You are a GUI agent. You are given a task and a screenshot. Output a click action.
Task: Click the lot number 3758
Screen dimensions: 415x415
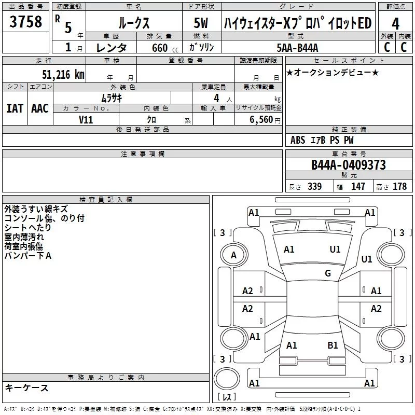pyautogui.click(x=25, y=21)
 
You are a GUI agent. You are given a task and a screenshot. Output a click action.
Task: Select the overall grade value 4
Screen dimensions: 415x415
pyautogui.click(x=395, y=24)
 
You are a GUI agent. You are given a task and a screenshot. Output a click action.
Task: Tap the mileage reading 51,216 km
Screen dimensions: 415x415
pyautogui.click(x=63, y=75)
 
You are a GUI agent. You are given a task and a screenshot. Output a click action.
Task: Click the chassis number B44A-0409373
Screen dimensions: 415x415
pyautogui.click(x=349, y=165)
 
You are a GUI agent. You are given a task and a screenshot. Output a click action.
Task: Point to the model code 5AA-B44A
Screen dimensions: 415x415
pyautogui.click(x=297, y=48)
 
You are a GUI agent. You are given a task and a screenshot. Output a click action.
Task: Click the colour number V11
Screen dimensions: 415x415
pyautogui.click(x=86, y=120)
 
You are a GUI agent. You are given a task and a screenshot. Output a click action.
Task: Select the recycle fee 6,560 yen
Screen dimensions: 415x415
pyautogui.click(x=265, y=120)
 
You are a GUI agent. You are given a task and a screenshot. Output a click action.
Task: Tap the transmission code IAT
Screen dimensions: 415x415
pyautogui.click(x=15, y=108)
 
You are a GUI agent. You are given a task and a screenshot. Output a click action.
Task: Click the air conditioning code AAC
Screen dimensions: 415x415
pyautogui.click(x=40, y=108)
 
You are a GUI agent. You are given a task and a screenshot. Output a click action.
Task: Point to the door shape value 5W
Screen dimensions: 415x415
pyautogui.click(x=201, y=23)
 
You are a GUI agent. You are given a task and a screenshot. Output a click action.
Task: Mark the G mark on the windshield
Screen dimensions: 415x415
pyautogui.click(x=328, y=273)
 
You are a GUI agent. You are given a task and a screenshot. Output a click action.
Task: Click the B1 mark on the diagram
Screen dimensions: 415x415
pyautogui.click(x=333, y=345)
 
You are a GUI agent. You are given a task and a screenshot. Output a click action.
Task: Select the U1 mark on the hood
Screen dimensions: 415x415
pyautogui.click(x=335, y=250)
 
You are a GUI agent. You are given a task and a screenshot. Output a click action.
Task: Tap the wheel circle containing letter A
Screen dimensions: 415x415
pyautogui.click(x=234, y=255)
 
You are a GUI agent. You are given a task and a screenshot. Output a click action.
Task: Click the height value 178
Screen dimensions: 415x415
pyautogui.click(x=399, y=186)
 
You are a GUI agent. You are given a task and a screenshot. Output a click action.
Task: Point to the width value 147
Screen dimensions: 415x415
pyautogui.click(x=358, y=186)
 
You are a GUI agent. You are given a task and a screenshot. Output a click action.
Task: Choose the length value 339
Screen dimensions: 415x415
pyautogui.click(x=315, y=186)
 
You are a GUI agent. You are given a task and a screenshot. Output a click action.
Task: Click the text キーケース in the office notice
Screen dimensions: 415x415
pyautogui.click(x=27, y=388)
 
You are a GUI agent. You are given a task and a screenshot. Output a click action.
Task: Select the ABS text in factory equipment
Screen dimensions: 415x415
pyautogui.click(x=298, y=140)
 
